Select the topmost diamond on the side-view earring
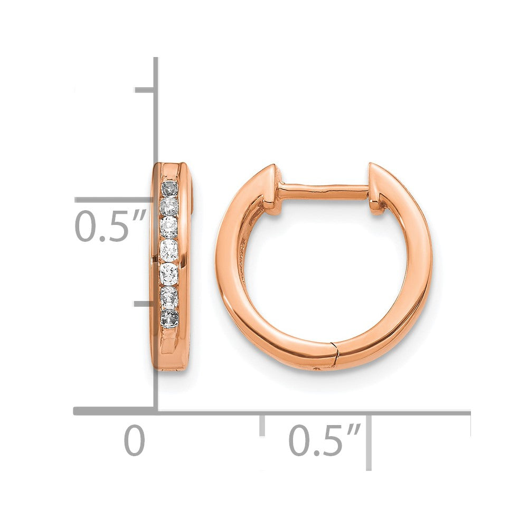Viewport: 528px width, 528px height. pos(170,188)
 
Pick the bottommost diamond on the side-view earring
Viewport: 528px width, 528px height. pos(170,318)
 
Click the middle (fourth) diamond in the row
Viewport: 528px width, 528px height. pos(169,248)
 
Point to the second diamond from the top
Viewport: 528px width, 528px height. pos(169,205)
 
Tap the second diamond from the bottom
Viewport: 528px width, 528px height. pos(169,297)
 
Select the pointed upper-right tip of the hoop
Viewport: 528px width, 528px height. pos(371,166)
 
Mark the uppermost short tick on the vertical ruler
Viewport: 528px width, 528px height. pos(144,90)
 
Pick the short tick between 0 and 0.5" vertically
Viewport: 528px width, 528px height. pos(144,305)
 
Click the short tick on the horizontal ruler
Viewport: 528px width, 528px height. pos(261,425)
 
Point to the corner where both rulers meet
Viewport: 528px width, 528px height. pos(156,411)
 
